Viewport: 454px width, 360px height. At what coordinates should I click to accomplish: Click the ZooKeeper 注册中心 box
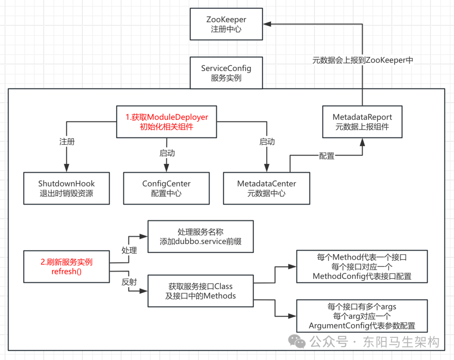[226, 24]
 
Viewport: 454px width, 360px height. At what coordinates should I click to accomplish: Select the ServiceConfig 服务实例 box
[226, 73]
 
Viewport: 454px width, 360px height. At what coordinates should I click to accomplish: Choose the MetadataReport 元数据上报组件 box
[362, 122]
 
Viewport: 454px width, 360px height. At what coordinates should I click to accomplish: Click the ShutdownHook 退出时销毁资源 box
[66, 188]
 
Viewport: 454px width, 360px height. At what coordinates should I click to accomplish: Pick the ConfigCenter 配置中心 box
[166, 188]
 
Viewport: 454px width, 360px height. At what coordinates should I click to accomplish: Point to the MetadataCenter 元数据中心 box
[267, 188]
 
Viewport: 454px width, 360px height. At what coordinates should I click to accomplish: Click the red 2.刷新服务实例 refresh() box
[66, 267]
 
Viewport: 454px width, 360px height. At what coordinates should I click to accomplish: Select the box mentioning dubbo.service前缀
[200, 236]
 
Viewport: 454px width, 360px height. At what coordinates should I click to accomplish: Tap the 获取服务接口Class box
[200, 291]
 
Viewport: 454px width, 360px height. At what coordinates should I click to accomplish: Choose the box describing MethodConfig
[362, 266]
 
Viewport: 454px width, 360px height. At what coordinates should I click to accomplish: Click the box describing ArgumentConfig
[362, 316]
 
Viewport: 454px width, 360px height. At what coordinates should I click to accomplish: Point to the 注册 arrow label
[67, 142]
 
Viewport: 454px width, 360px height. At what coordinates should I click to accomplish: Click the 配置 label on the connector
[327, 156]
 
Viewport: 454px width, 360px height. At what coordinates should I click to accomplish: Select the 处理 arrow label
[129, 250]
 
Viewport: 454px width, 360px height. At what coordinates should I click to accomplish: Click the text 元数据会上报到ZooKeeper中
[363, 60]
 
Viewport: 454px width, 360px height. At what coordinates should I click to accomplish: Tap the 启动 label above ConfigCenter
[167, 153]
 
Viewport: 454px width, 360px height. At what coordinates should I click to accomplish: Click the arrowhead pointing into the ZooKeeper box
[267, 24]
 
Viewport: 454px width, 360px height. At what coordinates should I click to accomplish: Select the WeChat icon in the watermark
[299, 342]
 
